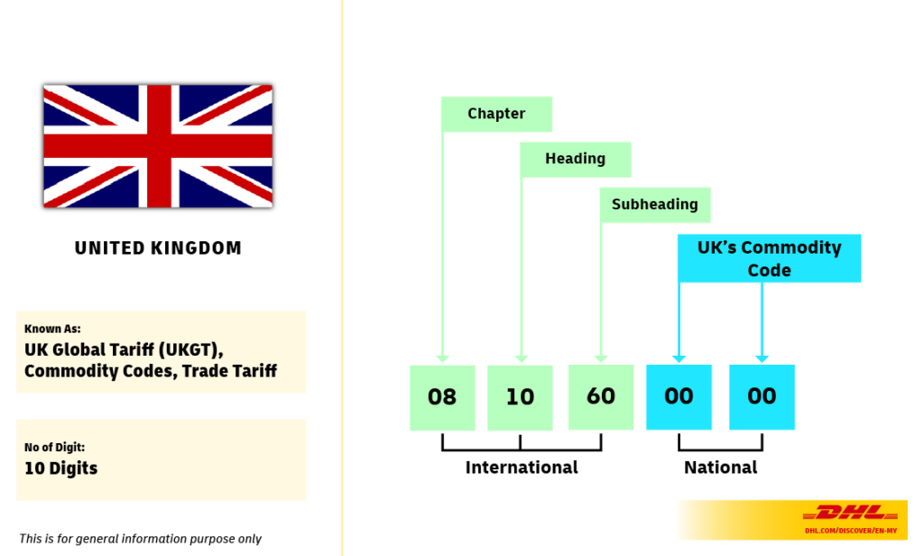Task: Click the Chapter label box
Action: tap(496, 114)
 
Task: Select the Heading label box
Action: tap(575, 159)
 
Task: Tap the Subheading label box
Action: tap(655, 204)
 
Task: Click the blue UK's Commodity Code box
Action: tap(769, 258)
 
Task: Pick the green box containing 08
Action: tap(442, 397)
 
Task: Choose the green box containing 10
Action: tap(520, 397)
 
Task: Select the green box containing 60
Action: tap(601, 397)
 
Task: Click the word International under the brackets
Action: tap(522, 468)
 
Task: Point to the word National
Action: tap(720, 468)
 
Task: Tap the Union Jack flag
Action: tap(158, 146)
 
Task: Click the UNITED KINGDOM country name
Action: tap(158, 248)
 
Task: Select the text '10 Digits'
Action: tap(60, 468)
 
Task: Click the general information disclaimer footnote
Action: tap(140, 539)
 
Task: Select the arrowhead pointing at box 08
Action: tap(442, 357)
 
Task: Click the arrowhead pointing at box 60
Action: tap(601, 357)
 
